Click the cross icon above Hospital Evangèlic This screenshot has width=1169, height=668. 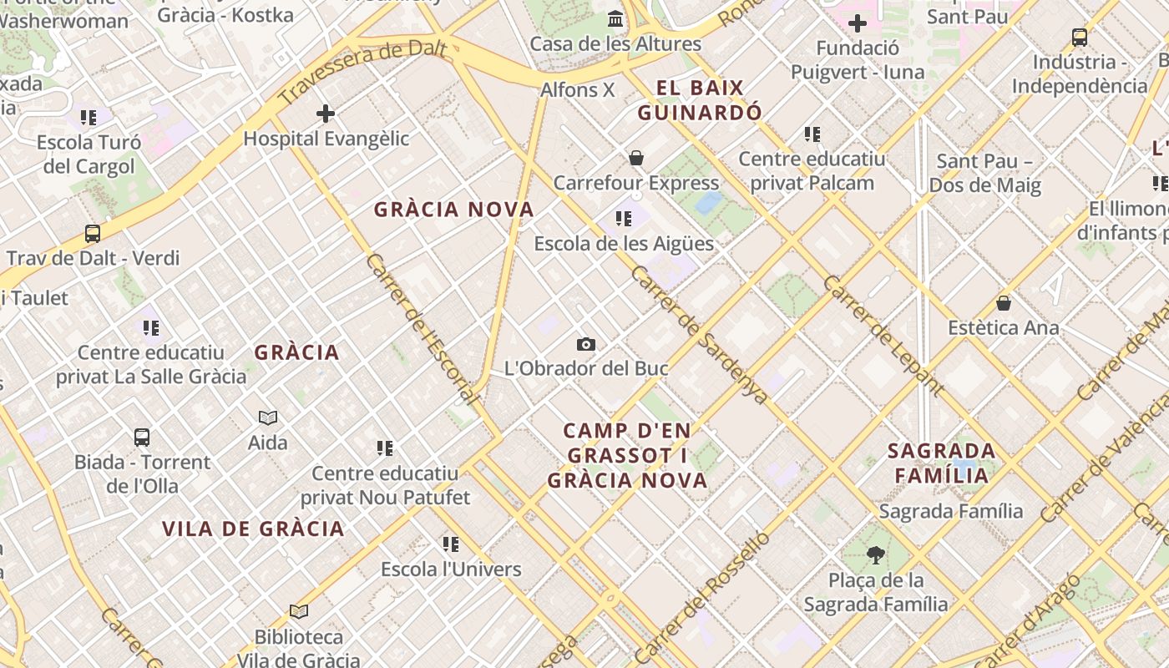pos(326,114)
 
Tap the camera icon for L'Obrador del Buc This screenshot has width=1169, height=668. pos(586,344)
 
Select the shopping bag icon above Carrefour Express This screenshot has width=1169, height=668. pos(636,158)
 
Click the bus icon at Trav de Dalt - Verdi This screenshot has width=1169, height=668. pos(93,234)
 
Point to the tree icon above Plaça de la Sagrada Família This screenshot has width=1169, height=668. pos(875,554)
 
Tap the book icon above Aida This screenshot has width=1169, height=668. pos(268,417)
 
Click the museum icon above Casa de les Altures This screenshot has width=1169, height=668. pos(616,18)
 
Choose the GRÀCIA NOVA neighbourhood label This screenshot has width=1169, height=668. pos(453,210)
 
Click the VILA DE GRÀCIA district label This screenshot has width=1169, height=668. pos(253,529)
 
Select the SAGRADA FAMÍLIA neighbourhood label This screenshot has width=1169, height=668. pos(942,463)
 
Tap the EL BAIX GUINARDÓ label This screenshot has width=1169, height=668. pos(700,100)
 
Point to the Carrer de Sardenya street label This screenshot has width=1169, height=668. pos(699,335)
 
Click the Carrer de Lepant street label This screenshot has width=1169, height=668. pos(883,335)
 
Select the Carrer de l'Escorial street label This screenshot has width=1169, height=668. pos(422,328)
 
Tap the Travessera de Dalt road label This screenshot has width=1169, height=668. pos(363,73)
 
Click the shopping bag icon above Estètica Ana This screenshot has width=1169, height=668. pos(1004,303)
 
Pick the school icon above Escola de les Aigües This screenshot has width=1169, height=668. pos(623,219)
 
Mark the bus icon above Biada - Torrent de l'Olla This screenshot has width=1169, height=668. pos(142,437)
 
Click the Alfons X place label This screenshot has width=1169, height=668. pos(578,89)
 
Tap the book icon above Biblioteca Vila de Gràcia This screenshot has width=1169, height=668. pos(299,612)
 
